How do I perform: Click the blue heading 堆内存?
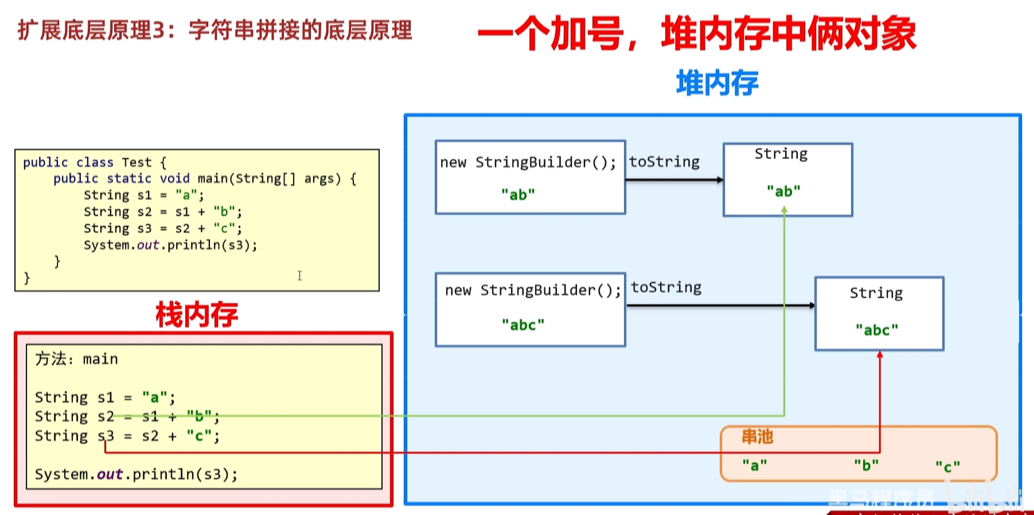click(x=717, y=83)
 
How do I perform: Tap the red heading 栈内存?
click(x=197, y=315)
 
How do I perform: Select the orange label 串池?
click(x=757, y=437)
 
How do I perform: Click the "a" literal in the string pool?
click(x=754, y=465)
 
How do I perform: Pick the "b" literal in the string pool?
click(x=866, y=465)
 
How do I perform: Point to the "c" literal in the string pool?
click(x=947, y=467)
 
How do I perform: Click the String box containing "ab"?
click(x=787, y=180)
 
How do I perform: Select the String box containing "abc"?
click(x=879, y=314)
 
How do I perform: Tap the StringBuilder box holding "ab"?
click(x=530, y=177)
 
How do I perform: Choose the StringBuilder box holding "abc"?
click(x=530, y=310)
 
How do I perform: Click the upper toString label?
click(x=664, y=162)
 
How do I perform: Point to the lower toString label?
click(x=666, y=287)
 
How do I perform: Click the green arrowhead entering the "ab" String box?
click(x=784, y=210)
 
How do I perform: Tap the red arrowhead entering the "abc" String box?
click(x=880, y=355)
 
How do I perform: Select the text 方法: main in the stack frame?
click(x=76, y=359)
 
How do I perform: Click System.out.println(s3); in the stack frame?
click(x=136, y=474)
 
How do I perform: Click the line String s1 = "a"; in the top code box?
click(x=143, y=195)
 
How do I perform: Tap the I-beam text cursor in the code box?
click(x=299, y=276)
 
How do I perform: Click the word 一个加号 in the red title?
click(x=551, y=34)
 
